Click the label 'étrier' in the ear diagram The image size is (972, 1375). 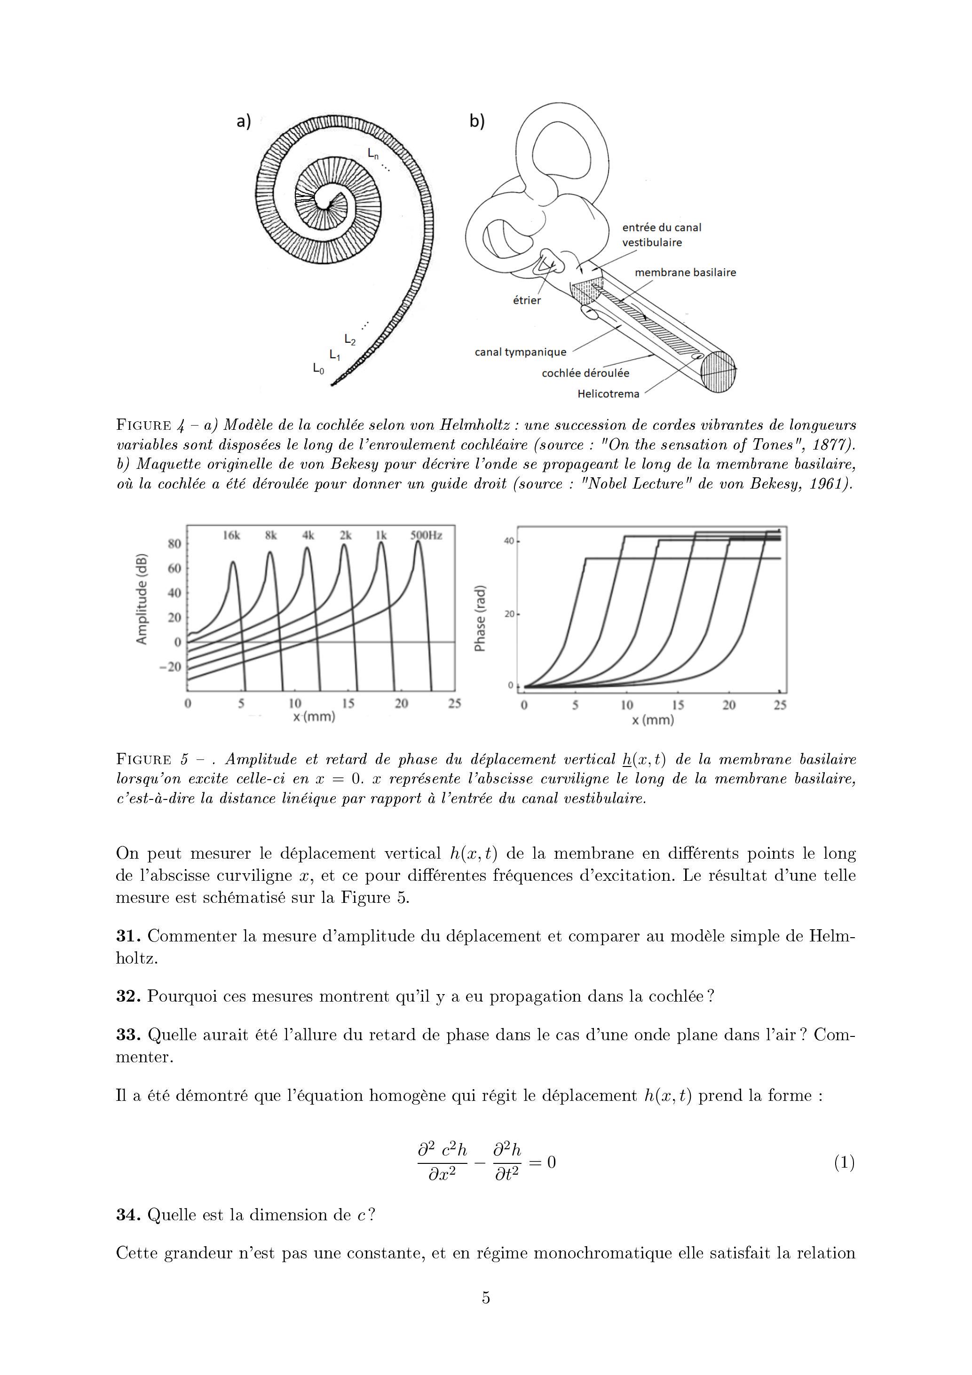coord(526,300)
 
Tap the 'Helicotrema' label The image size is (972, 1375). coord(608,394)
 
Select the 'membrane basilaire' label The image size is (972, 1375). coord(685,272)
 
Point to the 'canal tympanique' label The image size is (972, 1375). coord(520,352)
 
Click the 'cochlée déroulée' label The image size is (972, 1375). coord(585,373)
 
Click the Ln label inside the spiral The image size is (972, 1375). coord(373,154)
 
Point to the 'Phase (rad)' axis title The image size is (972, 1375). coord(480,617)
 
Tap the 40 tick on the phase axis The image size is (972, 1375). coord(508,541)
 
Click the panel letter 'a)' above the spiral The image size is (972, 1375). coord(244,122)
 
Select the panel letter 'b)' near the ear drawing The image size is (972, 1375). coord(477,122)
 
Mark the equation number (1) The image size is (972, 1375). coord(844,1163)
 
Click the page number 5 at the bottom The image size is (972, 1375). coord(486,1298)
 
